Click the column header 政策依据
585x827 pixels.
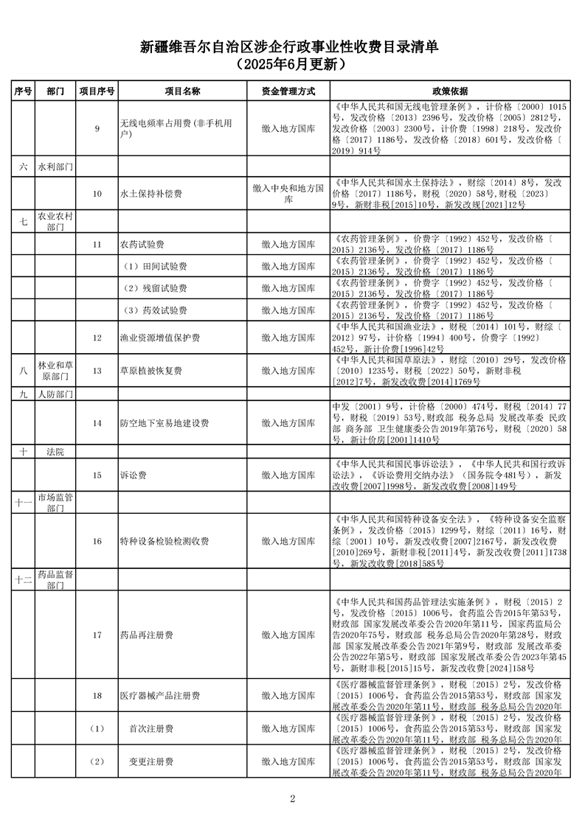pyautogui.click(x=449, y=91)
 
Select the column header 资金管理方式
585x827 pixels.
pyautogui.click(x=288, y=91)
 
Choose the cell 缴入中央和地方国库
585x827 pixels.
pyautogui.click(x=288, y=194)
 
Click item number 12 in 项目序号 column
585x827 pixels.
pyautogui.click(x=97, y=338)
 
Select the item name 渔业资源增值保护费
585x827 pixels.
pyautogui.click(x=159, y=338)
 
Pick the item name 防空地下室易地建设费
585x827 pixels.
pyautogui.click(x=164, y=423)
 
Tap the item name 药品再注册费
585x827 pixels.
pyautogui.click(x=146, y=635)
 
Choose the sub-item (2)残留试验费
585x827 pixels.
pyautogui.click(x=155, y=287)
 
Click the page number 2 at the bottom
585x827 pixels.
pyautogui.click(x=293, y=798)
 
